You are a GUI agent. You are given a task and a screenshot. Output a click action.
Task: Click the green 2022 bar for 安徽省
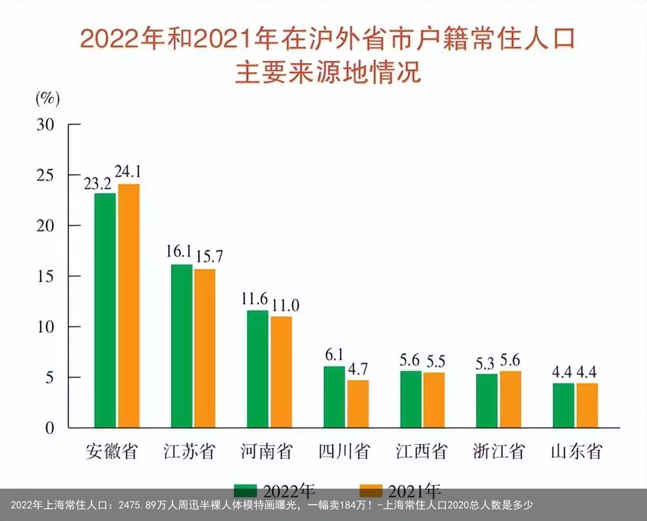(x=105, y=310)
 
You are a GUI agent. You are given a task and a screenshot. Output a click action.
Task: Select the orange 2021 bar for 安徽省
(x=129, y=306)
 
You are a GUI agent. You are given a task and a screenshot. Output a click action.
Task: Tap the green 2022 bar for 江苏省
(x=182, y=346)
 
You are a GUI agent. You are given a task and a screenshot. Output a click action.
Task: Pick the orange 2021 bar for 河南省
(x=281, y=372)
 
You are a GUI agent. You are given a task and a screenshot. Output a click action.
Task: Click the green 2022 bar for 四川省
(x=334, y=397)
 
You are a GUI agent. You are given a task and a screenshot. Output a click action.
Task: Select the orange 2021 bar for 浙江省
(x=511, y=399)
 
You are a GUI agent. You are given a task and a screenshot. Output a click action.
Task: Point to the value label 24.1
(x=128, y=172)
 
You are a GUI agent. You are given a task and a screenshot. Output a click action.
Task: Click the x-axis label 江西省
(x=422, y=451)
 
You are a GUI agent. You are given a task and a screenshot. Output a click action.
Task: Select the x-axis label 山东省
(x=576, y=451)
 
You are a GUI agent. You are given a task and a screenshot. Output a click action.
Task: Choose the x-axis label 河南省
(x=266, y=451)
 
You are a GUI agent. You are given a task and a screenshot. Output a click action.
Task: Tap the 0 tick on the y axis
(x=50, y=428)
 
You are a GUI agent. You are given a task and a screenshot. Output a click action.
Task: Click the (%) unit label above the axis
(x=47, y=98)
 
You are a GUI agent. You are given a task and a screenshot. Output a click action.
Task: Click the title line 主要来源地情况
(x=327, y=73)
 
